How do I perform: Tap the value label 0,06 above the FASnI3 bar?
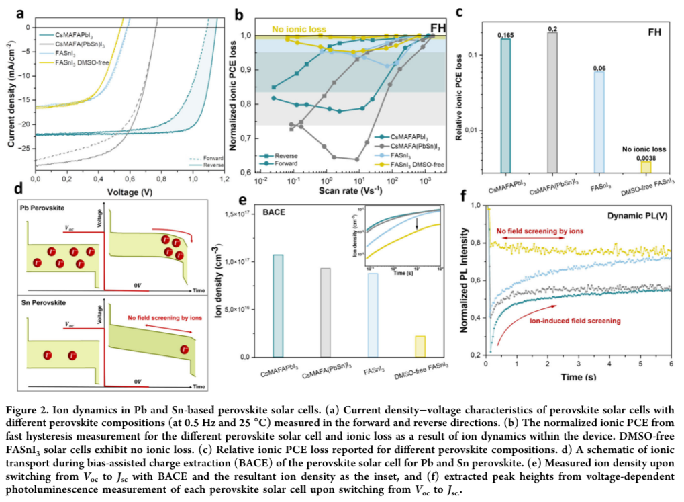[599, 68]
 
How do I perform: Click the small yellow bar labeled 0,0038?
[645, 167]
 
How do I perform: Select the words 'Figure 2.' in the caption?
[30, 410]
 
